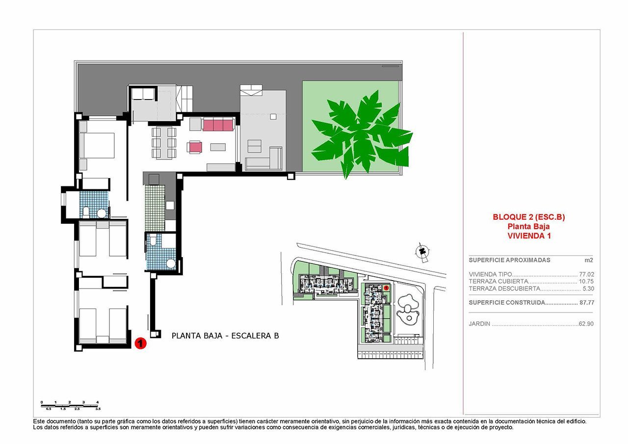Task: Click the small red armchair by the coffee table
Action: coord(195,147)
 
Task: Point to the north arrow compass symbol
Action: coord(421,251)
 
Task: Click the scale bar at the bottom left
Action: coord(70,405)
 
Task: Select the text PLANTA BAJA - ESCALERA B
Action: coord(225,336)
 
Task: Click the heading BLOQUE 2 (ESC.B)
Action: coord(528,217)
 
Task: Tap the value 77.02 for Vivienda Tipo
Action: coord(586,274)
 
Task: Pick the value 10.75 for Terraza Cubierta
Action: coord(586,282)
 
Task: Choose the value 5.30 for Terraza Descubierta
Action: coord(588,289)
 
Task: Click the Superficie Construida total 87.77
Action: coord(586,303)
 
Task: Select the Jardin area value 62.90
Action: coord(586,324)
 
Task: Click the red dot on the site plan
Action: coord(386,288)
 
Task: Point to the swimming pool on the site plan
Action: coord(408,308)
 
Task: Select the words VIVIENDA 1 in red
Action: coord(528,235)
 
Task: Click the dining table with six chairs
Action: coord(164,143)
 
